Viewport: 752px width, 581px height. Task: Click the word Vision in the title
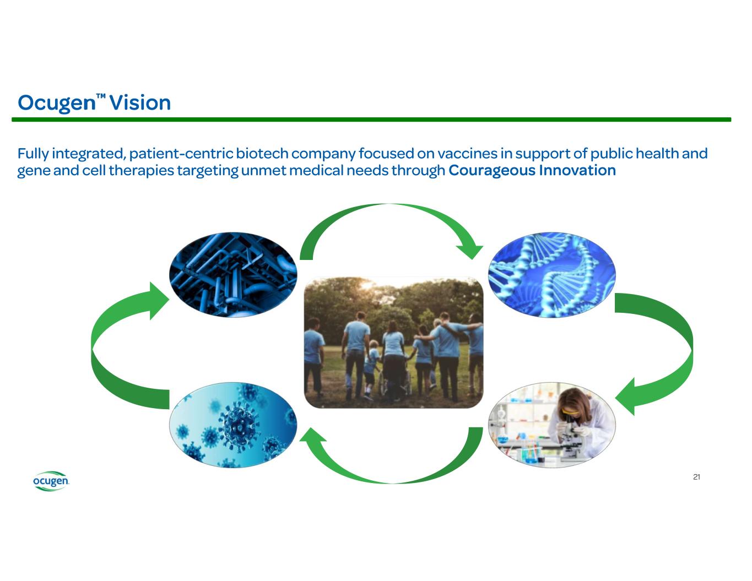140,103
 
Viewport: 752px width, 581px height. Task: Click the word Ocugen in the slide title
56,103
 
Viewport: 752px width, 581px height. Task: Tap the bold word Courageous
491,170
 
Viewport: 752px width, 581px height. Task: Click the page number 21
696,477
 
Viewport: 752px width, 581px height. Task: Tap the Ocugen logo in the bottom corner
51,481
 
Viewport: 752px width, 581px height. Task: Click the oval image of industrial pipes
233,274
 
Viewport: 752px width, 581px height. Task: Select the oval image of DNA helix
552,274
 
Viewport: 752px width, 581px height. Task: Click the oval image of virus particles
233,425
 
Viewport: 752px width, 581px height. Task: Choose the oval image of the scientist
552,425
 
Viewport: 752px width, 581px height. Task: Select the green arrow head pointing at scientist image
628,397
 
